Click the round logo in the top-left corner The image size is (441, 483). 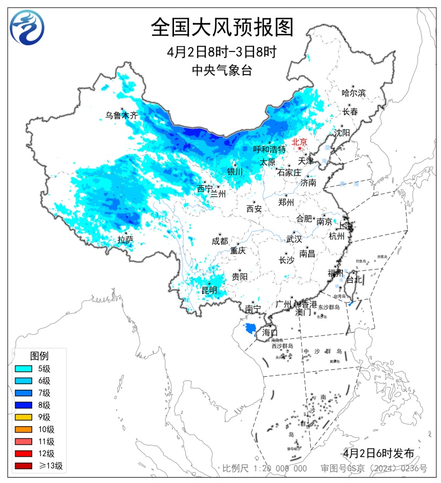[27, 27]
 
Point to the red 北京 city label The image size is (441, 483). [299, 142]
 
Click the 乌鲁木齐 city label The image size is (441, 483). [121, 115]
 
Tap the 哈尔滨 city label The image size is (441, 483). [353, 93]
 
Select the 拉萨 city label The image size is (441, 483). [125, 240]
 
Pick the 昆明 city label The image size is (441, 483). [209, 290]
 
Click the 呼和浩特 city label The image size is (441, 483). [270, 149]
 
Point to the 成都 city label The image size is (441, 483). [220, 241]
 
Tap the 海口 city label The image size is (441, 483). [270, 333]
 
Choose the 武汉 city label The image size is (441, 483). [294, 239]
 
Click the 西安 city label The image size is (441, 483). [254, 209]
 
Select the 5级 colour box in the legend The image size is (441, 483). [25, 369]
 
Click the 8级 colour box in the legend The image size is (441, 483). [25, 405]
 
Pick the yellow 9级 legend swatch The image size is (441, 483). [25, 417]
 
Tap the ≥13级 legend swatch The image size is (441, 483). [25, 466]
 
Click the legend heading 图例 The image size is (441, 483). [39, 356]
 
